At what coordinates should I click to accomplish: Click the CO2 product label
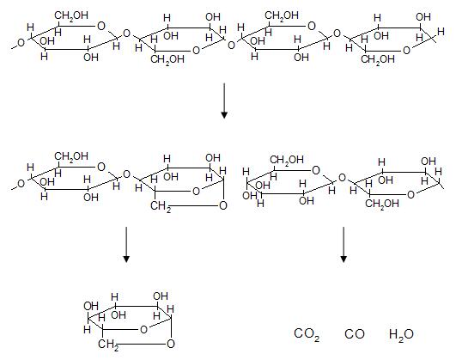[x=307, y=334]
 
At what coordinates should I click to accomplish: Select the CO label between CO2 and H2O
[x=354, y=334]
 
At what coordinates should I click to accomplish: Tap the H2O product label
[x=401, y=334]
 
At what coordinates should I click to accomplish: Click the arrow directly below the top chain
[x=224, y=101]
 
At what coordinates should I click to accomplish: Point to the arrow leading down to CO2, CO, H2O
[x=344, y=245]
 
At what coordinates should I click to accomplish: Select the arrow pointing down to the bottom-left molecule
[x=126, y=245]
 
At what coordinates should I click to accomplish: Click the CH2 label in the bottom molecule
[x=108, y=345]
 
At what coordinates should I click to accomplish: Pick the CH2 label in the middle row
[x=161, y=206]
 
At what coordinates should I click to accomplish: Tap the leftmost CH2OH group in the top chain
[x=71, y=15]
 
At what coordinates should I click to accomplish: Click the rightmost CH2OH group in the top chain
[x=378, y=59]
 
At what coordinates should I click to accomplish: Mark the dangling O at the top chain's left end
[x=21, y=43]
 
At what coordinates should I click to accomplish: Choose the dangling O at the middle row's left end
[x=21, y=184]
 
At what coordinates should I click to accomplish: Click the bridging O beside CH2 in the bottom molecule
[x=171, y=344]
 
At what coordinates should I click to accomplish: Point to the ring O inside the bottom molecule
[x=143, y=329]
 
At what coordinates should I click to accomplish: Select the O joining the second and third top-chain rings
[x=231, y=46]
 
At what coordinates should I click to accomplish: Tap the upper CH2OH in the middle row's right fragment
[x=287, y=160]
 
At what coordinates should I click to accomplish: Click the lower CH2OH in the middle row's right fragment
[x=382, y=203]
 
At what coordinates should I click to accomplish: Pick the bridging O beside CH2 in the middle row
[x=223, y=205]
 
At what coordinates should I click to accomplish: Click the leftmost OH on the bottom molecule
[x=91, y=306]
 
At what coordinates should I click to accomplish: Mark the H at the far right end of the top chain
[x=441, y=31]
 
